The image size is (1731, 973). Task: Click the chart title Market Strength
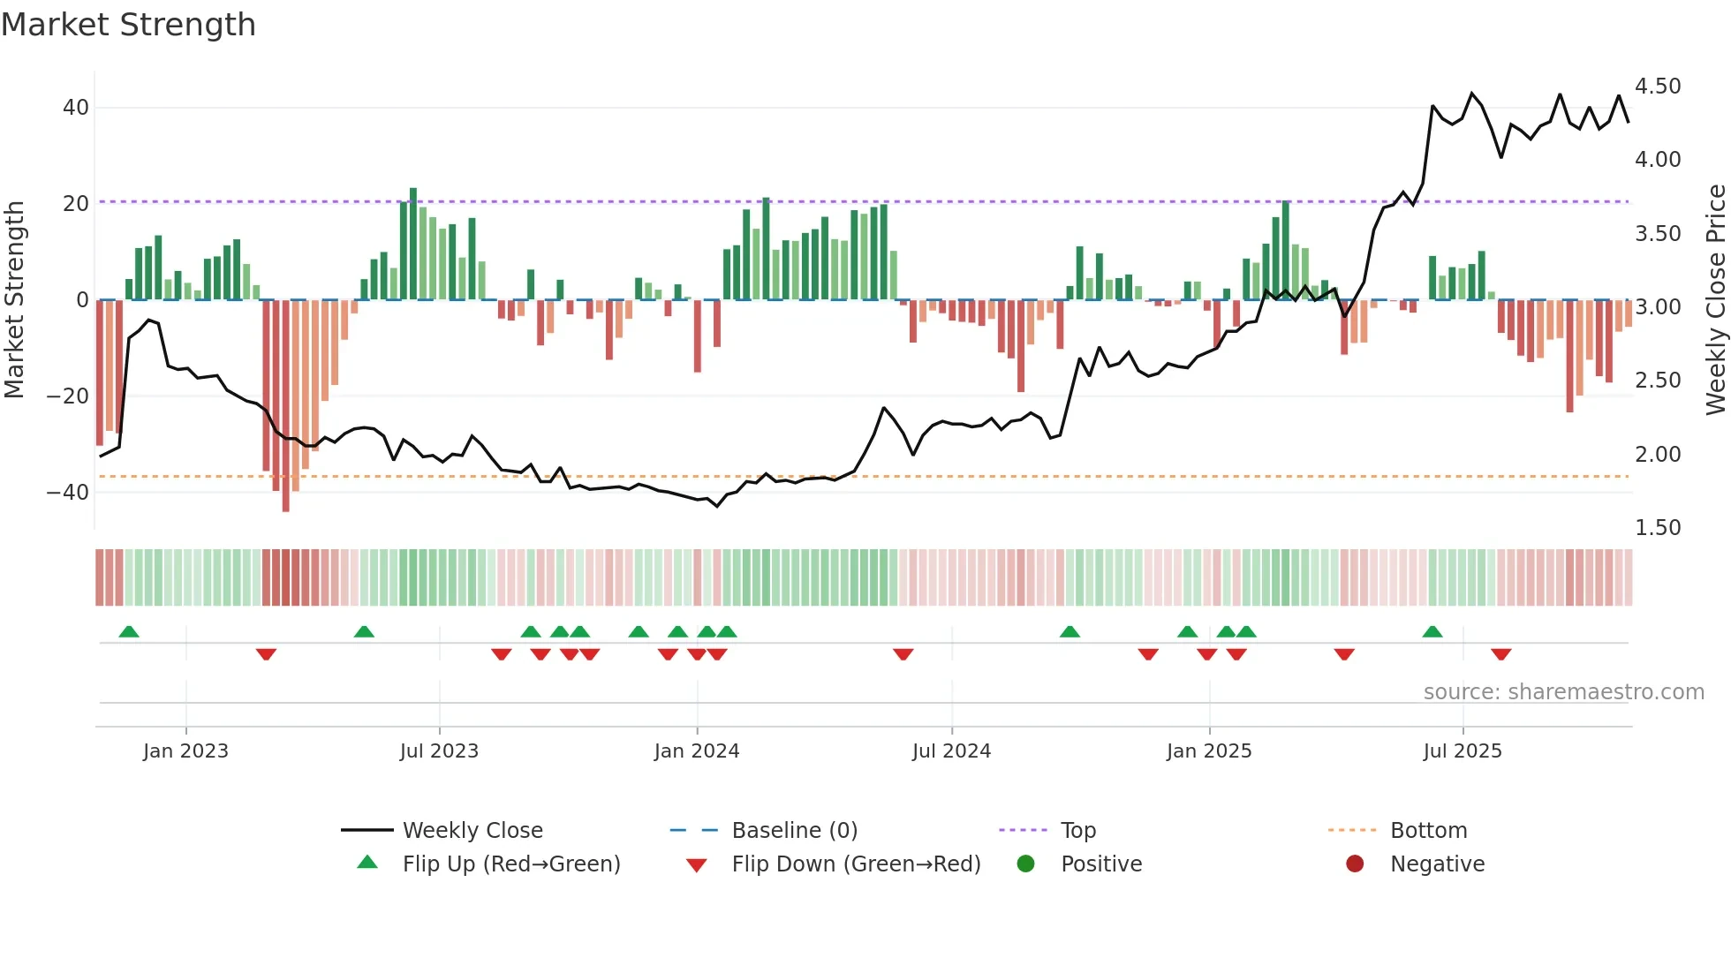128,25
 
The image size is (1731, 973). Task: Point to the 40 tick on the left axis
75,108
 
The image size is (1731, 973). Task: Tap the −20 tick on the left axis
67,396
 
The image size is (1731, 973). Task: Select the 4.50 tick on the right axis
1657,87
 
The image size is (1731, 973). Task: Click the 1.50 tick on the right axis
1657,528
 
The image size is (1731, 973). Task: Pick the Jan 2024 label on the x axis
696,751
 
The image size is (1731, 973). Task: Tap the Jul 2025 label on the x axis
1462,751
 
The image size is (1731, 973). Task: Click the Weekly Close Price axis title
1715,300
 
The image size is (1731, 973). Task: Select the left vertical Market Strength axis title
14,300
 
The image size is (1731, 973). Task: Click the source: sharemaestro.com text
1563,692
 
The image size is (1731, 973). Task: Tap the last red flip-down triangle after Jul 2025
1500,654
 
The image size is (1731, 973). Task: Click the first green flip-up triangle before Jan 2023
129,631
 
